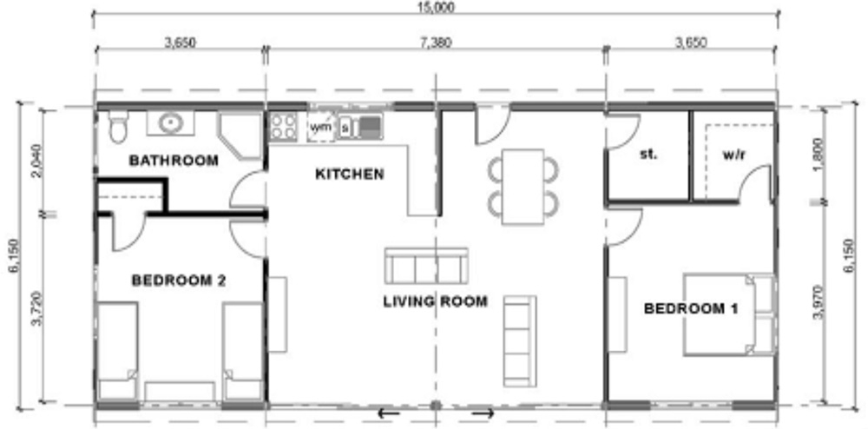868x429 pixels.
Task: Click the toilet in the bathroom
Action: tap(117, 127)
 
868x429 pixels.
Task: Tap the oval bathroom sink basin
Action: tap(171, 122)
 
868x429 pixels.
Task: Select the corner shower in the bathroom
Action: tap(240, 136)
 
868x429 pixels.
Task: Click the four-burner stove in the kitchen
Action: tap(283, 126)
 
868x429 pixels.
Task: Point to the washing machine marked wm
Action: tap(320, 128)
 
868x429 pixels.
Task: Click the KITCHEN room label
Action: tap(349, 175)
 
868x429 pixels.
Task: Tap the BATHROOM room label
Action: tap(174, 161)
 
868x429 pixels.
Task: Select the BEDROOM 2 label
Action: tap(179, 280)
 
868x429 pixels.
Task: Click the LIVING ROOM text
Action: tap(435, 301)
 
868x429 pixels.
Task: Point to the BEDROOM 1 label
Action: tap(691, 309)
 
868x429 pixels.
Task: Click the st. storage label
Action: tap(648, 155)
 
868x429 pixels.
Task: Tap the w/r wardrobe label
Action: tap(734, 155)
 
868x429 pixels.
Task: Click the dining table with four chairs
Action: tap(523, 187)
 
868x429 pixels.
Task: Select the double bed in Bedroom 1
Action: tap(728, 313)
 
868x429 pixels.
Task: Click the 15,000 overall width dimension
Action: tap(437, 7)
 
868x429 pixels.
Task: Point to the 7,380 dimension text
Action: tap(436, 43)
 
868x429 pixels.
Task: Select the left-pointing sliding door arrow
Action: tap(388, 413)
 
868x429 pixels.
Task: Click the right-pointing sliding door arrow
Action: tap(483, 413)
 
